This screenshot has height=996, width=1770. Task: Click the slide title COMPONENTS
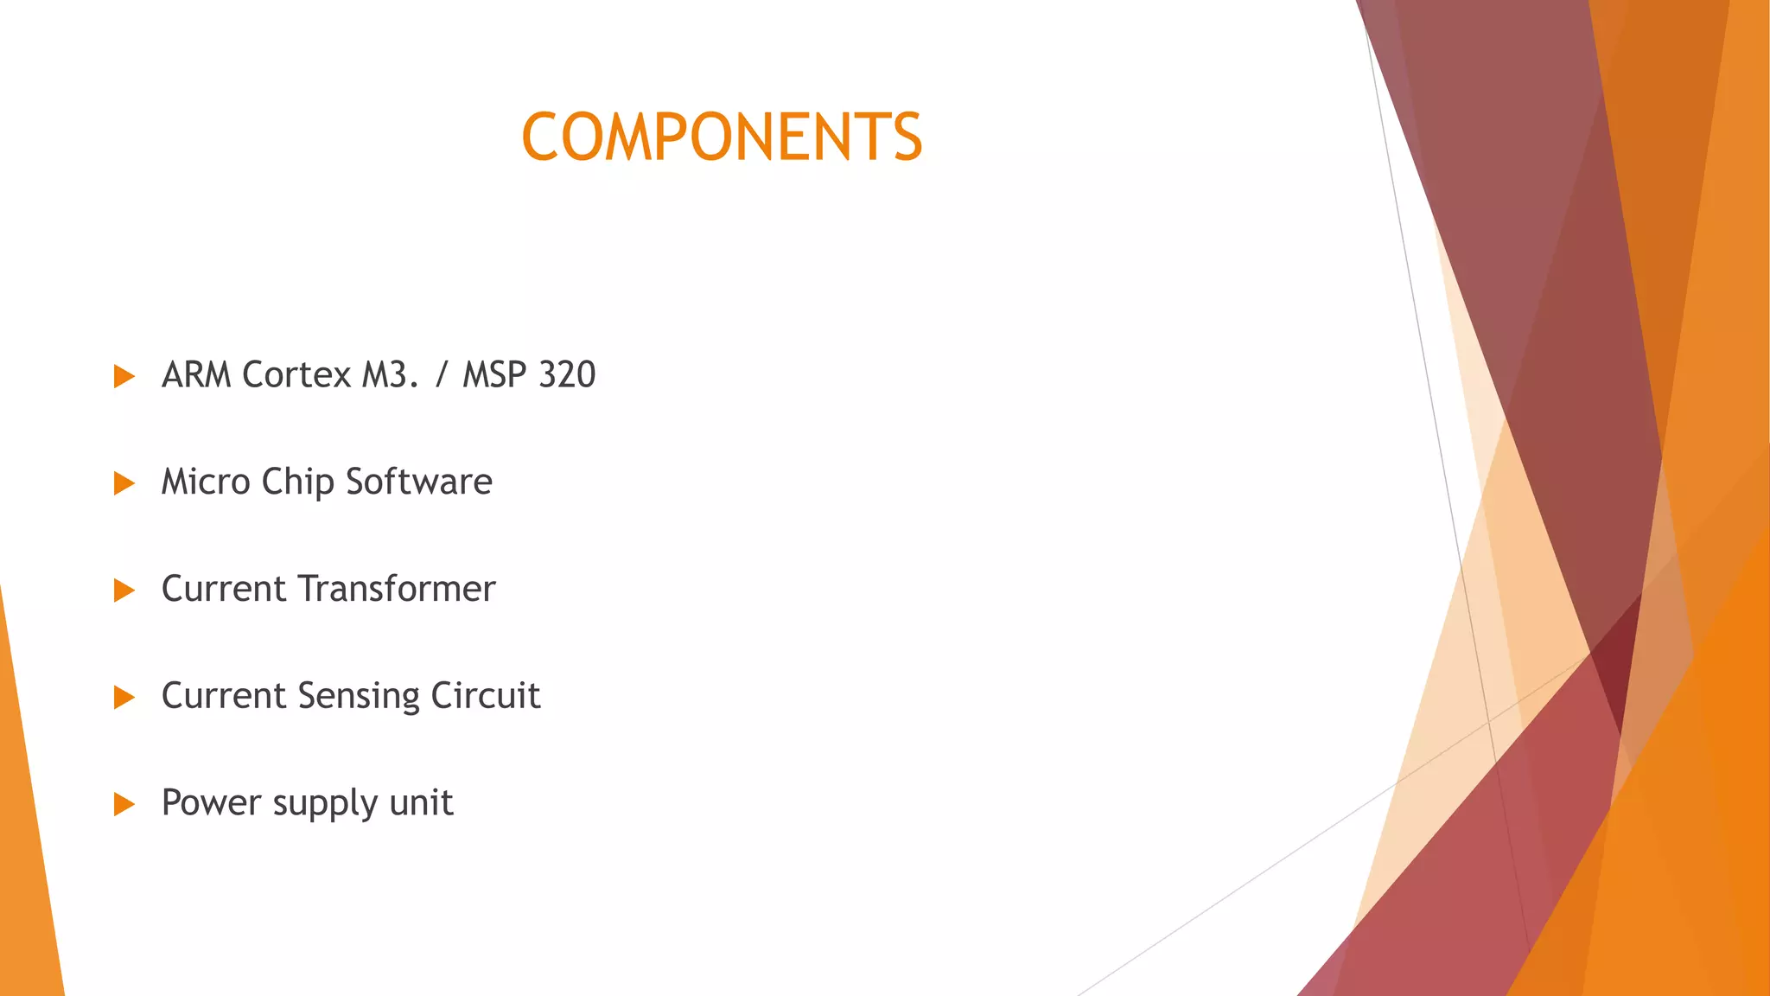(722, 137)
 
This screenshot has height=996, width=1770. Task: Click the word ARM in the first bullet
(196, 375)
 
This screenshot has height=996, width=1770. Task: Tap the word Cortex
(297, 375)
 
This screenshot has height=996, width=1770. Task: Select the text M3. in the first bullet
(390, 375)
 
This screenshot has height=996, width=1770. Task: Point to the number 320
(567, 375)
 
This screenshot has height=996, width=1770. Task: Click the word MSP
(494, 375)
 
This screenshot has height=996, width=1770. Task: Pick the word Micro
(206, 482)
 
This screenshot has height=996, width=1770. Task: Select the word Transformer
(397, 589)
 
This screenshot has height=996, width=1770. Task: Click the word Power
(211, 803)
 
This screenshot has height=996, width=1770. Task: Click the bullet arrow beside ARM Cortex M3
(124, 376)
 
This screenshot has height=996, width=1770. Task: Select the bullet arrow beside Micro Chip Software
(124, 483)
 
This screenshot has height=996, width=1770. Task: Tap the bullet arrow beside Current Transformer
(124, 591)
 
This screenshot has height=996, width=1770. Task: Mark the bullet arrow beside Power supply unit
(124, 804)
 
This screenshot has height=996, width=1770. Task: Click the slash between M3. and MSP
(442, 375)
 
